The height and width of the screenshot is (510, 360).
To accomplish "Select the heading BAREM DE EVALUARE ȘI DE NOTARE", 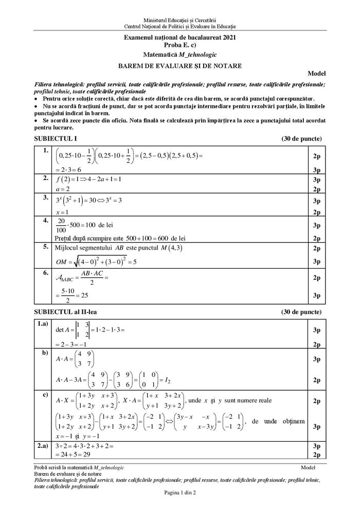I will (179, 65).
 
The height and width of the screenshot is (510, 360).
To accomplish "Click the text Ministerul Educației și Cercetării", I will (179, 20).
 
